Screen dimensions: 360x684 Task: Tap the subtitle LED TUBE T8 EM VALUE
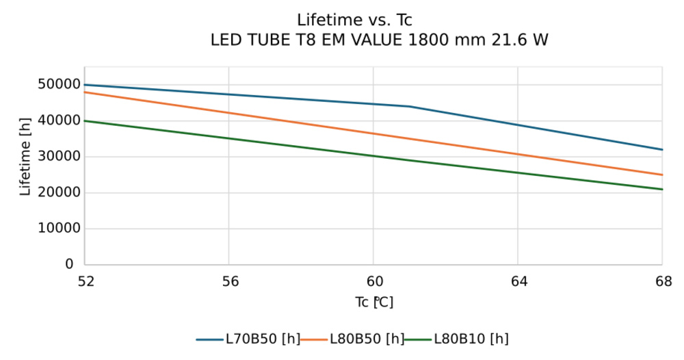[379, 40]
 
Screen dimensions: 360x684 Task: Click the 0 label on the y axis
[69, 264]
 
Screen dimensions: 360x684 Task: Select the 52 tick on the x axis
[84, 281]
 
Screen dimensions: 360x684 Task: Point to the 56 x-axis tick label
[229, 281]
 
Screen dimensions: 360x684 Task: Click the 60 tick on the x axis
[373, 281]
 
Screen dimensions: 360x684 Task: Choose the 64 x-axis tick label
[518, 281]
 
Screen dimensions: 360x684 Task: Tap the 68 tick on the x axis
[662, 281]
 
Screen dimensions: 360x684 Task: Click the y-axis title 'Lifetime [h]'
[25, 157]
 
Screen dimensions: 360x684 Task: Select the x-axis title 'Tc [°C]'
[373, 302]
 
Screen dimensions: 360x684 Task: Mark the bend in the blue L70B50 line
[409, 106]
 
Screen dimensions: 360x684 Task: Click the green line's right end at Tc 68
[661, 189]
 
